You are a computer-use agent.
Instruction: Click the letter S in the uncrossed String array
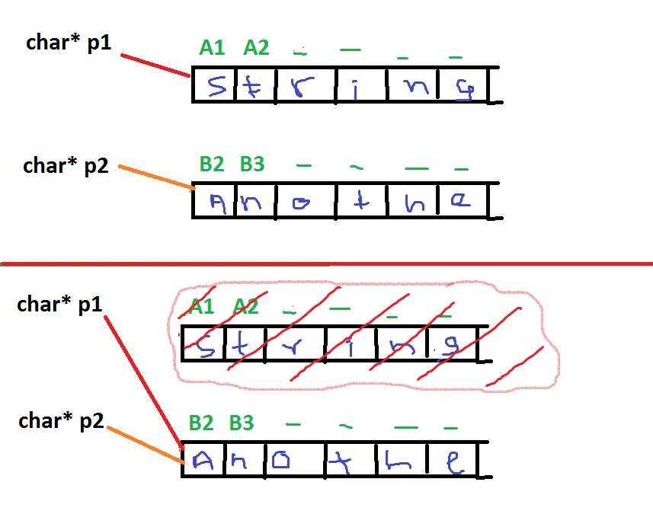point(216,85)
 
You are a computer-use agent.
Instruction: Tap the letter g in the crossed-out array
point(451,347)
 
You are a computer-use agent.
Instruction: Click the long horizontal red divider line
point(328,264)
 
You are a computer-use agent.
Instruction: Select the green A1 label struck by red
point(201,308)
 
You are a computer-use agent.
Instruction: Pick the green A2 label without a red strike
point(256,48)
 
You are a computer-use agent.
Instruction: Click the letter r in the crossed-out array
point(294,347)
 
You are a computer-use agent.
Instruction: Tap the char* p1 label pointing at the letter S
point(69,43)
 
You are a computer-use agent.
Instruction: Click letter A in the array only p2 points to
point(217,203)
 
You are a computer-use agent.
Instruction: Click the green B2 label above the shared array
point(201,423)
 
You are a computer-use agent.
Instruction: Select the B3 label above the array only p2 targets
point(251,164)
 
